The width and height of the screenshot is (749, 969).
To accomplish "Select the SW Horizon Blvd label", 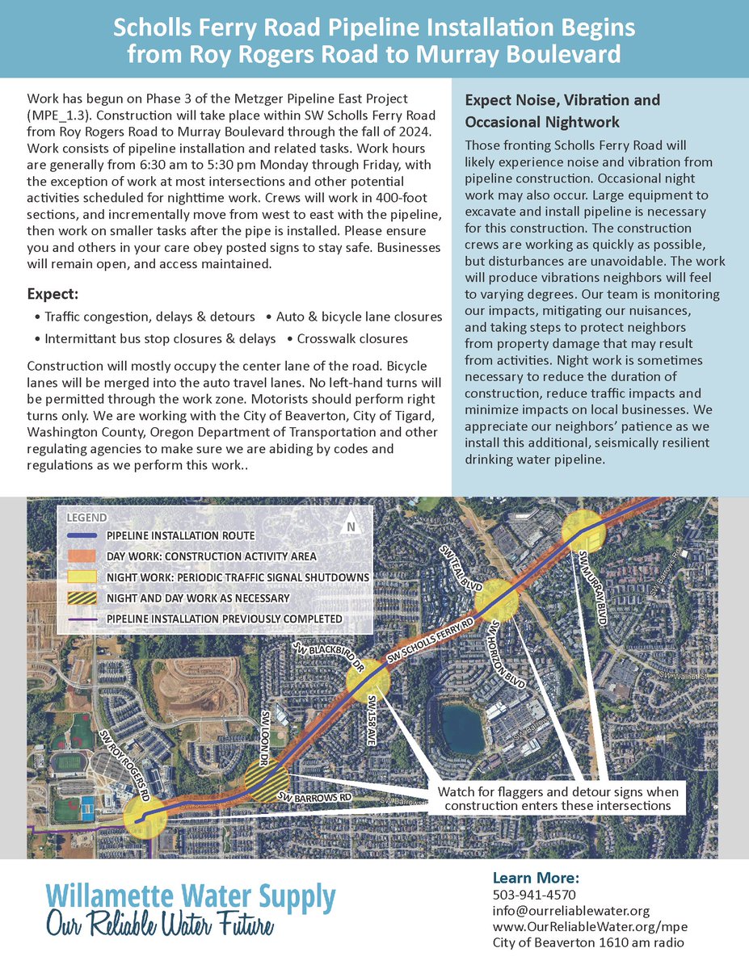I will tap(507, 654).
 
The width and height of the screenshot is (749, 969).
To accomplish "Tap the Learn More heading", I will tap(535, 878).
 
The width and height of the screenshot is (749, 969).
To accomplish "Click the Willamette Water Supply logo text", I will tap(190, 896).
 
